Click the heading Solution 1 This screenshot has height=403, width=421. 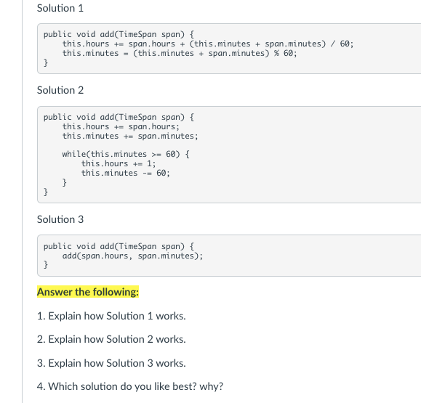(x=60, y=8)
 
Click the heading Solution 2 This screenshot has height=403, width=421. (x=60, y=90)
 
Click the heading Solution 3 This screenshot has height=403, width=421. (x=60, y=219)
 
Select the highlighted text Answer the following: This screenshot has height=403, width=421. (x=88, y=292)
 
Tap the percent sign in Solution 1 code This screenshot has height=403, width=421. (x=276, y=53)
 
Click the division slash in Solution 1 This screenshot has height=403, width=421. (x=333, y=44)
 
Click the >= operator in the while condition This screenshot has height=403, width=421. (x=156, y=155)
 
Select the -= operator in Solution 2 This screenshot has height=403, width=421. (x=147, y=174)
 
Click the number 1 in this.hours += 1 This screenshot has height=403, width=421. (x=150, y=163)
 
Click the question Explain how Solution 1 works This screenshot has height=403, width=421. (x=111, y=316)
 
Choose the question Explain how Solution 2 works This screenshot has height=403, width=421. (x=111, y=339)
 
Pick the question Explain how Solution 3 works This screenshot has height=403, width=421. (x=111, y=363)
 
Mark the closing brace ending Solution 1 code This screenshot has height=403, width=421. (x=46, y=62)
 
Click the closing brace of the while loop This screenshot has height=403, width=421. (x=65, y=182)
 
